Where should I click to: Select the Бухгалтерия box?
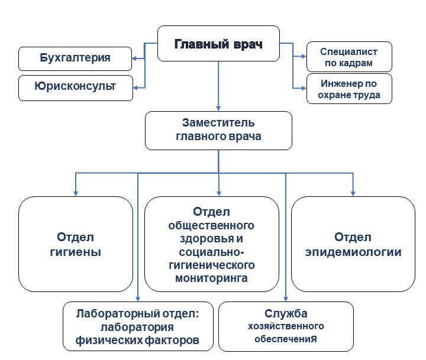(x=75, y=58)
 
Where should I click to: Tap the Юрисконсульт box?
(x=75, y=86)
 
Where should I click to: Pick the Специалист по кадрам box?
(x=349, y=57)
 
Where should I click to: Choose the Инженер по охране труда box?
(x=349, y=88)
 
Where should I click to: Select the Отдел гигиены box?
(x=76, y=244)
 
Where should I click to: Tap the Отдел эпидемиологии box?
(x=353, y=244)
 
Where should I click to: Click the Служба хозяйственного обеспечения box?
(x=286, y=326)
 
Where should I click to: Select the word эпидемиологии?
(x=353, y=252)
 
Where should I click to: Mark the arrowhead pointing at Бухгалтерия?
(x=134, y=58)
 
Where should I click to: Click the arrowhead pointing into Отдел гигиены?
(x=76, y=192)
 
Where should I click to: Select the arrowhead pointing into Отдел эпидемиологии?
(x=353, y=192)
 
